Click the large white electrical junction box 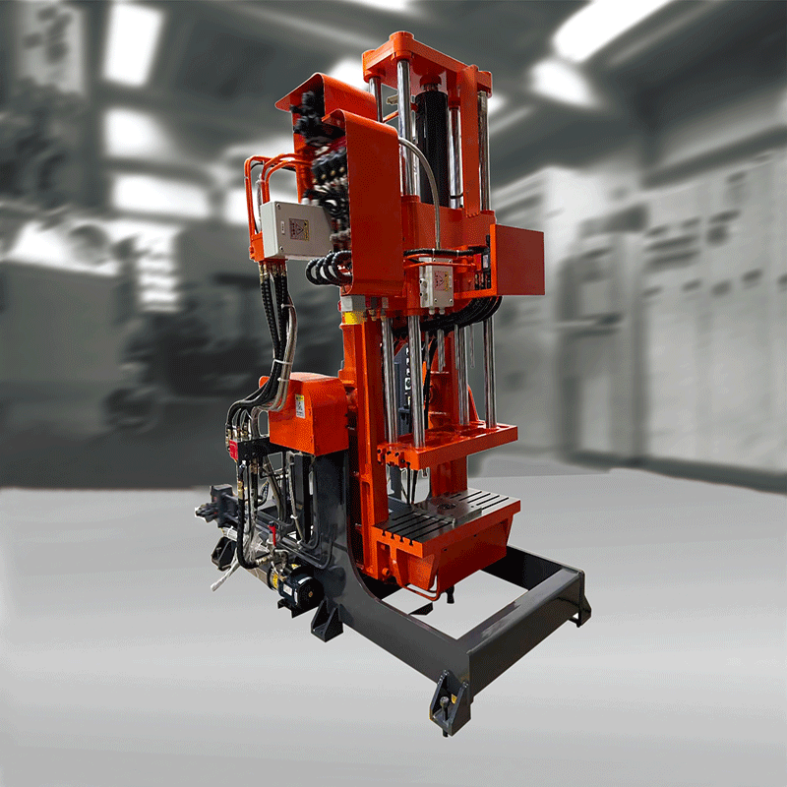point(286,230)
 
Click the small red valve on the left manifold point(234,449)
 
